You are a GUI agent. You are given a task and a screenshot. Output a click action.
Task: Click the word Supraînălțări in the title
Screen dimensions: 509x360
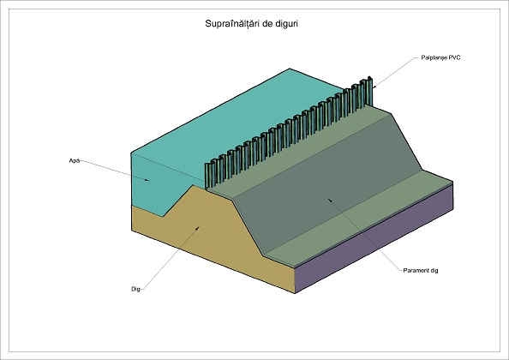click(232, 24)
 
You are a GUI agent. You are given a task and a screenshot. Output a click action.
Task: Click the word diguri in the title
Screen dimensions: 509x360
click(287, 24)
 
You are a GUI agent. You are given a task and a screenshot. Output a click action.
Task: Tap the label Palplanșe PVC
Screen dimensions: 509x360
click(440, 57)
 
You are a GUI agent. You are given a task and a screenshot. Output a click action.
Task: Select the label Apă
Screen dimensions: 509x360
click(75, 160)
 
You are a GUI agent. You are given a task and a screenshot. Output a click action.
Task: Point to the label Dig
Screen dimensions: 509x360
click(135, 289)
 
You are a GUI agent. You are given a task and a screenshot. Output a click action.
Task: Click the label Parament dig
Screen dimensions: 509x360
click(421, 270)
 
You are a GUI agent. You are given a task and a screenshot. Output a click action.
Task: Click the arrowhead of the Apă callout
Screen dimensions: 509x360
click(147, 180)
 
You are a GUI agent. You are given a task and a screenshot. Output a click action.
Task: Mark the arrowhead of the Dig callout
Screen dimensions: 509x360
click(197, 229)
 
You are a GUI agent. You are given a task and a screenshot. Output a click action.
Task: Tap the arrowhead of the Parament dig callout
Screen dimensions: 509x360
click(330, 201)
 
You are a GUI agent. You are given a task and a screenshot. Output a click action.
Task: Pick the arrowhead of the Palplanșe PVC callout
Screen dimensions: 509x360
click(374, 87)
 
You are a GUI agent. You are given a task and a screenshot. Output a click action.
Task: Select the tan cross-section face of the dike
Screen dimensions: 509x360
click(207, 237)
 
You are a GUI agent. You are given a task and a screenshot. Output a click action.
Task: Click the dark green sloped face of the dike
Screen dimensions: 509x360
click(328, 182)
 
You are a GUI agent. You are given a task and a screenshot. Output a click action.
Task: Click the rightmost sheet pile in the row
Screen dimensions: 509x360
click(368, 92)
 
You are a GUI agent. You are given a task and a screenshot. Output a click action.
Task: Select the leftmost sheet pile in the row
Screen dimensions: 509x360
click(207, 176)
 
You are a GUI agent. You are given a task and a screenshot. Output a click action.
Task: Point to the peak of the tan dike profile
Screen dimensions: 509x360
click(194, 185)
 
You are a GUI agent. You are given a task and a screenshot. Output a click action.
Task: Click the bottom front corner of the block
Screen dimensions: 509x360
click(295, 293)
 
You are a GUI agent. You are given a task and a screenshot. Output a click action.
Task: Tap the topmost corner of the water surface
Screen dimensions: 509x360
click(290, 69)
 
